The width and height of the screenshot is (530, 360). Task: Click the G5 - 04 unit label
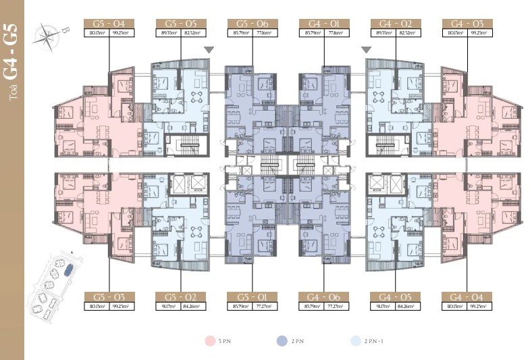[109, 23]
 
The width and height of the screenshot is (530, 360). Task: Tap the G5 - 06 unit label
[249, 23]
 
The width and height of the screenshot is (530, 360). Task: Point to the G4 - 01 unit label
[321, 23]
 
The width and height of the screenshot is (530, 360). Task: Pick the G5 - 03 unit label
[109, 297]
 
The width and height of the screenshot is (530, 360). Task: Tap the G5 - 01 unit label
[249, 297]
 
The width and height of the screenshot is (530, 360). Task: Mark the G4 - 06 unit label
[321, 297]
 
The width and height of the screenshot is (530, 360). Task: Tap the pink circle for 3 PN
[209, 341]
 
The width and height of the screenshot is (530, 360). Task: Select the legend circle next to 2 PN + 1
[356, 341]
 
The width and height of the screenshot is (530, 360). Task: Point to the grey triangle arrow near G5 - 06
[209, 49]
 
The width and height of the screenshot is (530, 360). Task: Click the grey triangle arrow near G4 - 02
[366, 49]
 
